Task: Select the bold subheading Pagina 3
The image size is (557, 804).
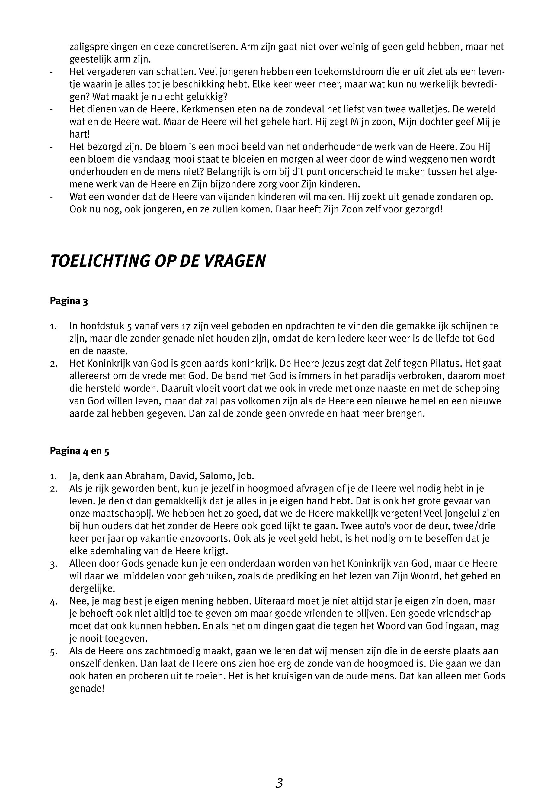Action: [x=69, y=301]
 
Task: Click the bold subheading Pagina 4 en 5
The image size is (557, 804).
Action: [x=80, y=451]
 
